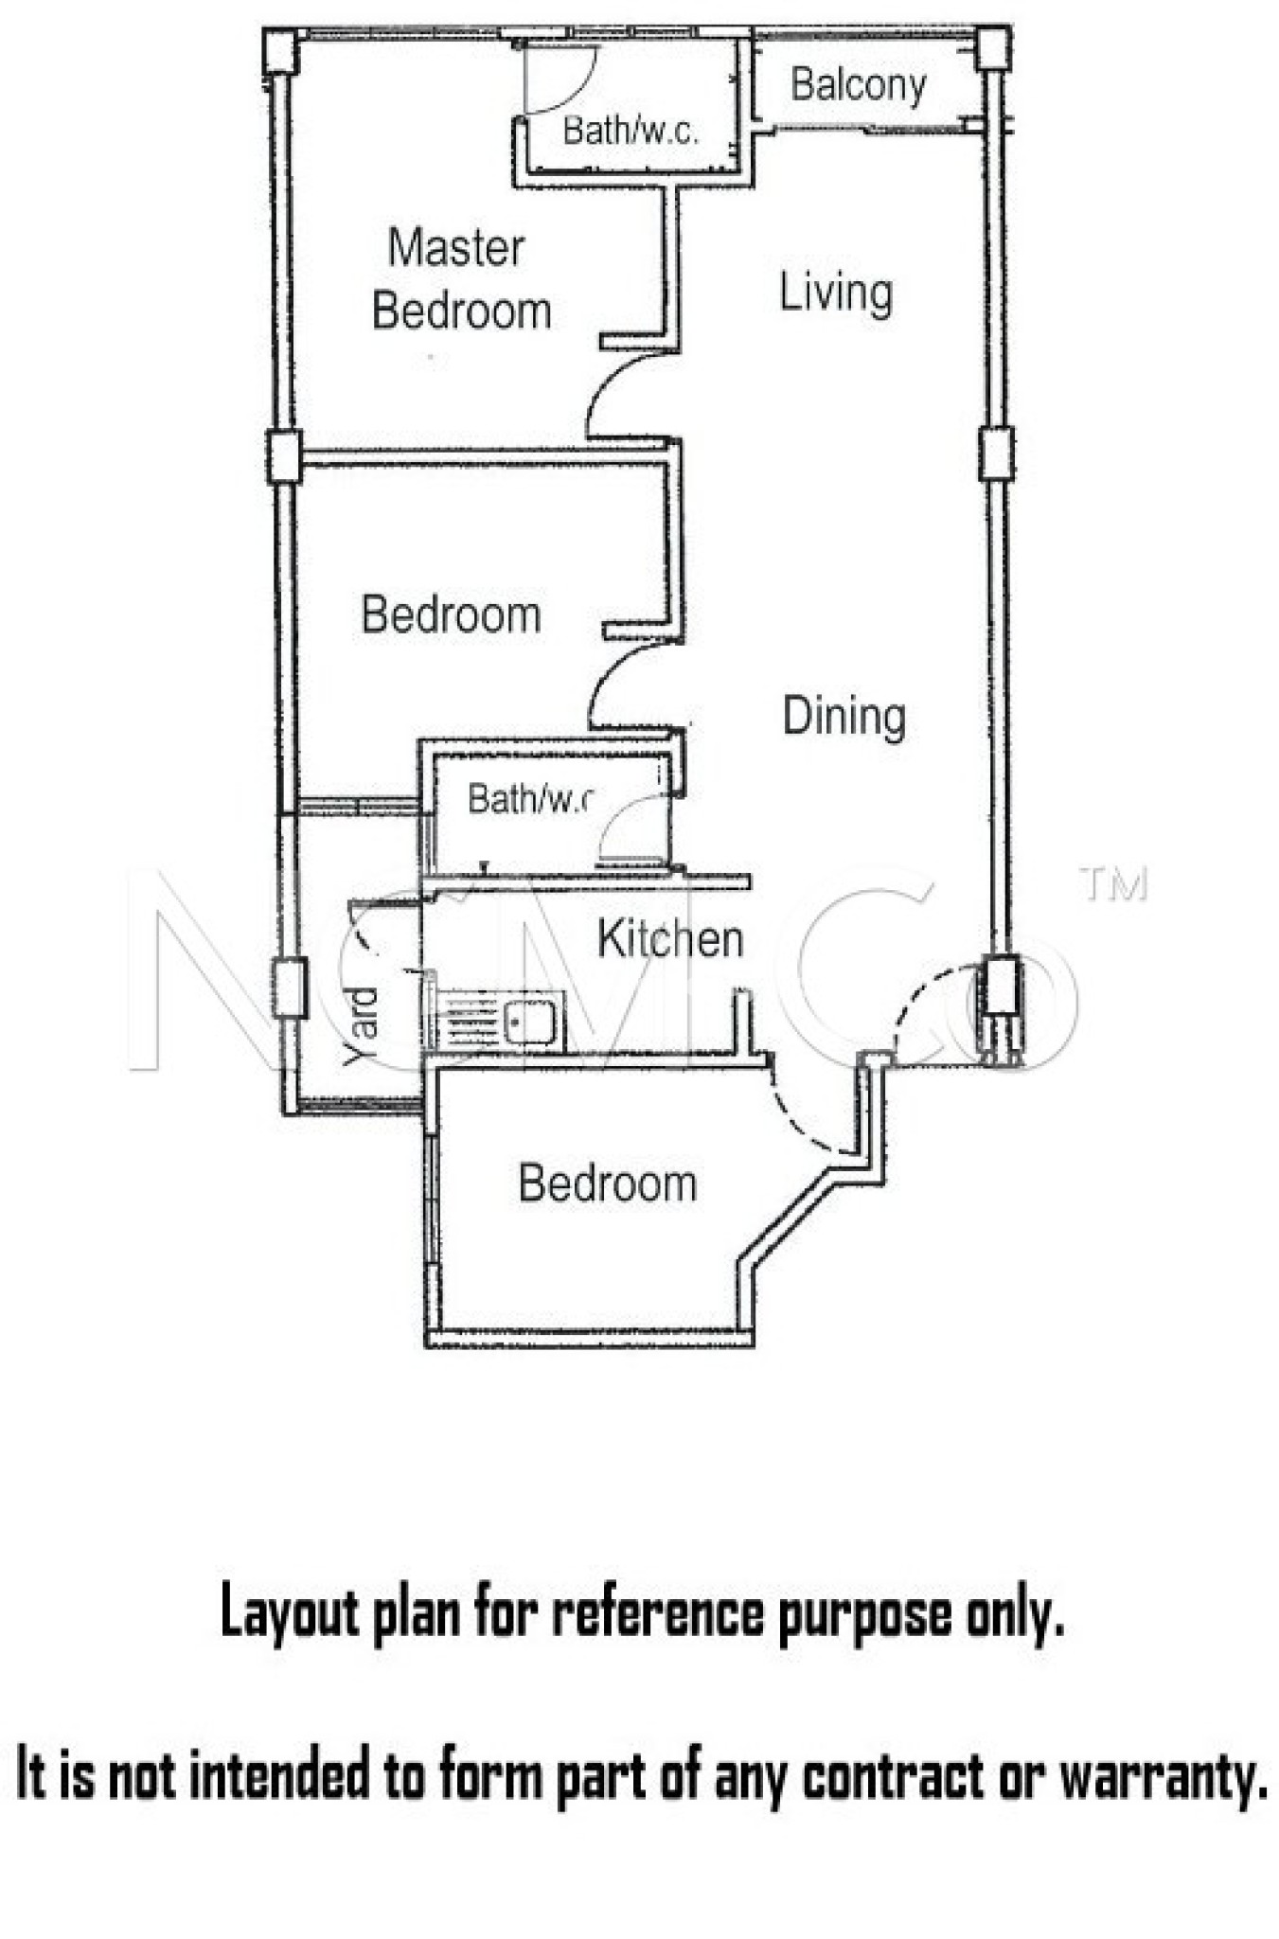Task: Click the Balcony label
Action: pyautogui.click(x=858, y=85)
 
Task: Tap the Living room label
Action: pyautogui.click(x=835, y=293)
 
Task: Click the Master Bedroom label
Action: pyautogui.click(x=461, y=279)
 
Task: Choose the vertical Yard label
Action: pyautogui.click(x=362, y=1026)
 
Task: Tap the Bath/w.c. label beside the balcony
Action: pyautogui.click(x=631, y=130)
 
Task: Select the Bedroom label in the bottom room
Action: pyautogui.click(x=608, y=1183)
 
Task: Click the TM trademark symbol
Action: pyautogui.click(x=1114, y=884)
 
